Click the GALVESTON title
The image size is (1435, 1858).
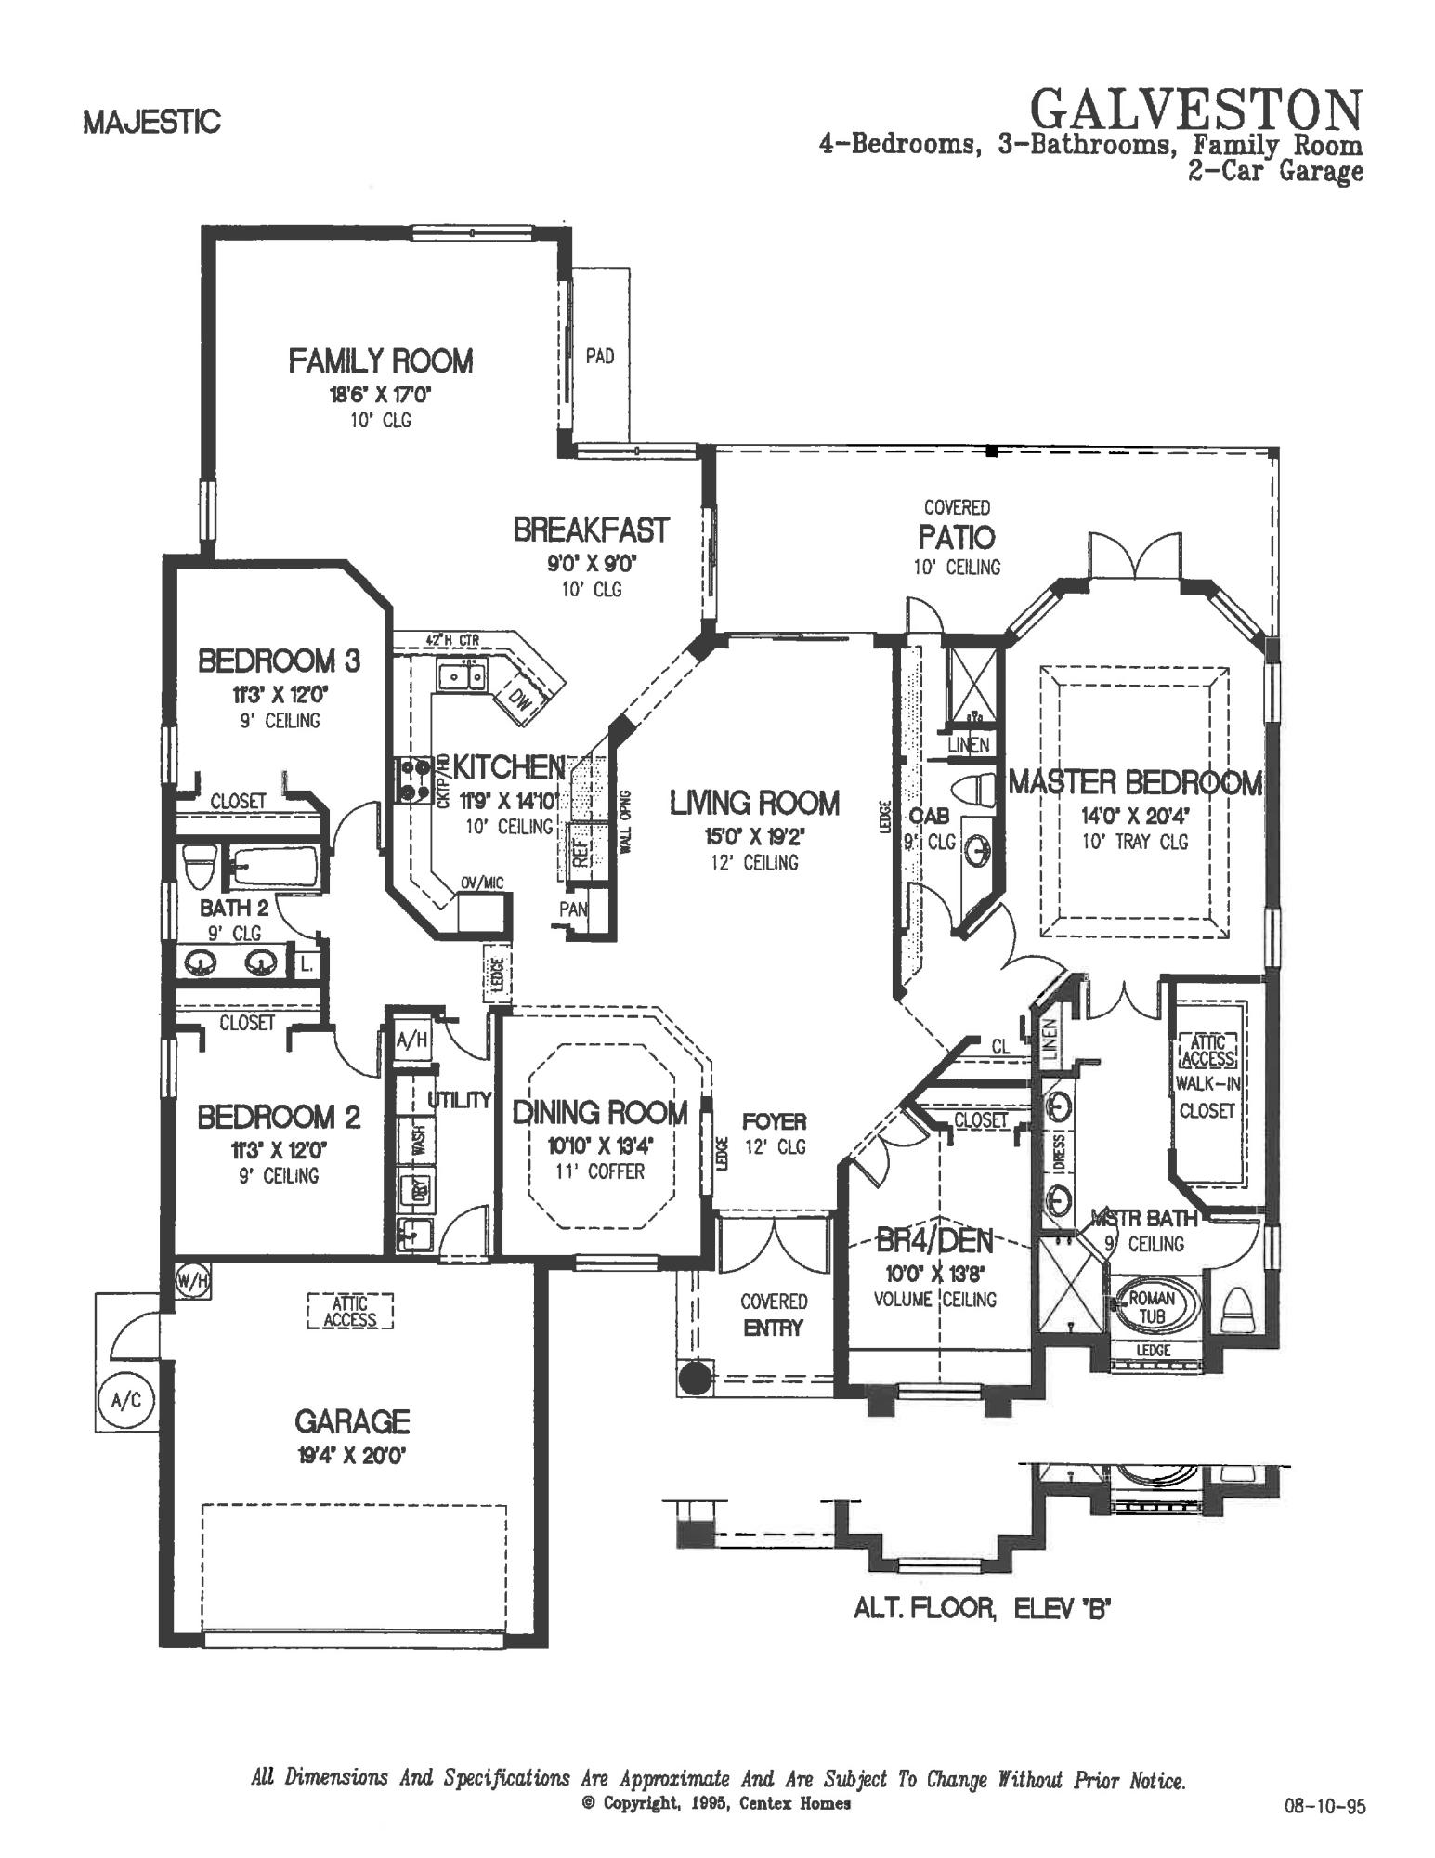point(1197,110)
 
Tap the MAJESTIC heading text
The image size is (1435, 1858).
point(151,122)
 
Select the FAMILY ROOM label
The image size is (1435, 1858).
point(380,360)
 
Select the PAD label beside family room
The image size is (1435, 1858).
point(600,356)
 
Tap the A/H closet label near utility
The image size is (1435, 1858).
point(411,1040)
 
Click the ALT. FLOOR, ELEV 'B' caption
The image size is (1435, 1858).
point(983,1608)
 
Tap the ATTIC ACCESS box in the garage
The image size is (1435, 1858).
point(350,1312)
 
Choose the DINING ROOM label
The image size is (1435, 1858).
point(600,1113)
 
